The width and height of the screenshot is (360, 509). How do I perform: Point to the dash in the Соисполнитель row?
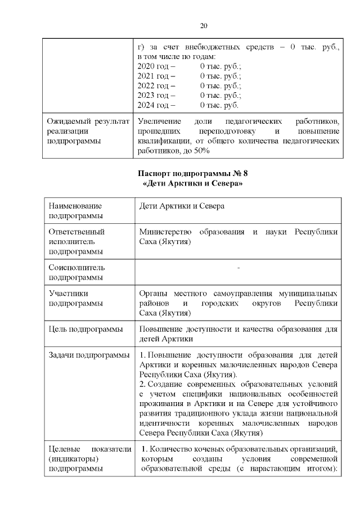(x=238, y=268)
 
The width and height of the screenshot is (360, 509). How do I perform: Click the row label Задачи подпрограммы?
(x=88, y=355)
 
